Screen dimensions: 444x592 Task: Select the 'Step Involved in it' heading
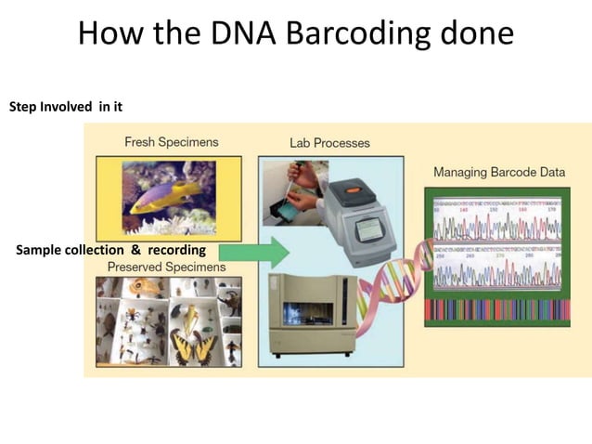pyautogui.click(x=66, y=107)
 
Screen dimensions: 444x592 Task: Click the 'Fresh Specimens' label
pyautogui.click(x=172, y=142)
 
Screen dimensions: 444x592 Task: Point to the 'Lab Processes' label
pyautogui.click(x=329, y=143)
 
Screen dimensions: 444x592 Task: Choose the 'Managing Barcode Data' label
pyautogui.click(x=498, y=173)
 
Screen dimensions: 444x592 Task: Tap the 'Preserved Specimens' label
pyautogui.click(x=166, y=268)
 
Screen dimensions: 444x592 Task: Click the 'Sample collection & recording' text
pyautogui.click(x=110, y=250)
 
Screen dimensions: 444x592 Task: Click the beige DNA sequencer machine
pyautogui.click(x=312, y=315)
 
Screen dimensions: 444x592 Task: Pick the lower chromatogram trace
pyautogui.click(x=496, y=273)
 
